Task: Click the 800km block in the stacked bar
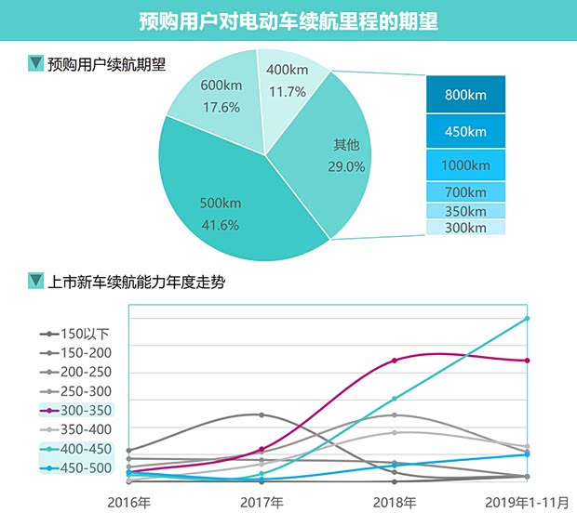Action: pos(465,95)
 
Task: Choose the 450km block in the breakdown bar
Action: pos(465,131)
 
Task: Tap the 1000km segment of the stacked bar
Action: pos(465,165)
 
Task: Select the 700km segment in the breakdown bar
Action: pos(465,192)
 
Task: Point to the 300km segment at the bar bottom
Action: pos(465,228)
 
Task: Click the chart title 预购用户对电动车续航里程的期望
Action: pos(288,20)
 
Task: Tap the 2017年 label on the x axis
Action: pos(262,503)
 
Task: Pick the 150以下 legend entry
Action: pos(85,334)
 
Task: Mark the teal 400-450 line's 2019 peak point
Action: pos(528,318)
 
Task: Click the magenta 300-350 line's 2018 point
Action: pos(395,360)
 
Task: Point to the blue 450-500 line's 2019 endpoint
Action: pos(528,454)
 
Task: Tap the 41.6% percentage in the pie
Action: pos(221,225)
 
